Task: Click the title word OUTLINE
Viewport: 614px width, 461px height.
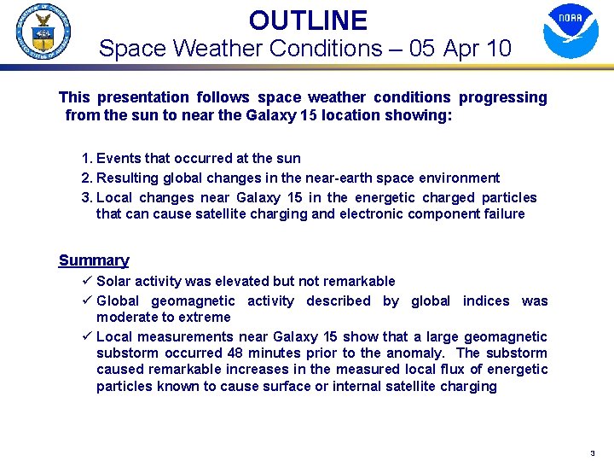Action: click(308, 20)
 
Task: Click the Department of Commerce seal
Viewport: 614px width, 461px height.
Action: click(43, 32)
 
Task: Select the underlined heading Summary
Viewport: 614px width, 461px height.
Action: click(94, 260)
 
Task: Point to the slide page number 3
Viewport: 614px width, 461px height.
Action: click(592, 453)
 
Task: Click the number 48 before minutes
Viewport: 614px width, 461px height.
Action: click(236, 353)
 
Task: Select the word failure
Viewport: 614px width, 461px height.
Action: click(502, 213)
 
